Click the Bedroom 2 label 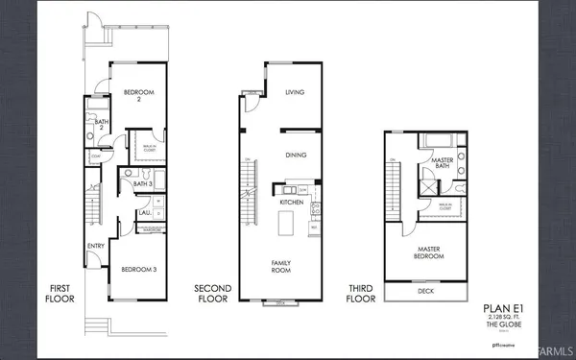point(132,96)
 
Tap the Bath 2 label point(99,122)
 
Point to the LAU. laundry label point(143,212)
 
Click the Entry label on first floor point(97,247)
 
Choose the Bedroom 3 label point(140,270)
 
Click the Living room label point(295,93)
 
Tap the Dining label point(295,154)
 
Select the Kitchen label point(292,203)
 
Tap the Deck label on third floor point(425,291)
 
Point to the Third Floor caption point(362,293)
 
